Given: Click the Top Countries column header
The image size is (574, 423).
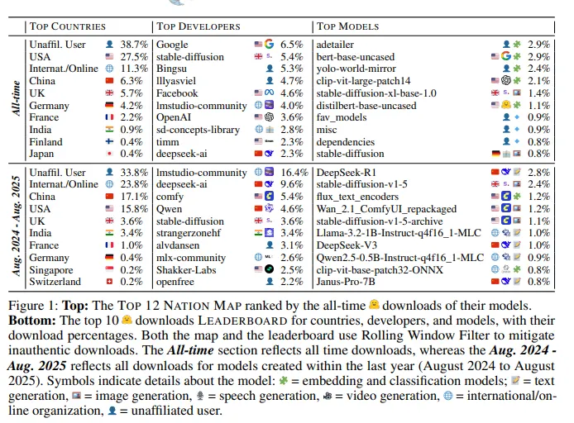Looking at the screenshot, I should pos(71,26).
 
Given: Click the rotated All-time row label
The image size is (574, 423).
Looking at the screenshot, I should pos(15,97).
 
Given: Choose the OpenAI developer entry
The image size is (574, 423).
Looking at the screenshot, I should pos(176,117).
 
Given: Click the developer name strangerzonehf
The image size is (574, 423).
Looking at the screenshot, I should pos(194,233).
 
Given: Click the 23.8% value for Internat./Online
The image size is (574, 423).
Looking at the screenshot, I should pos(132,184).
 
